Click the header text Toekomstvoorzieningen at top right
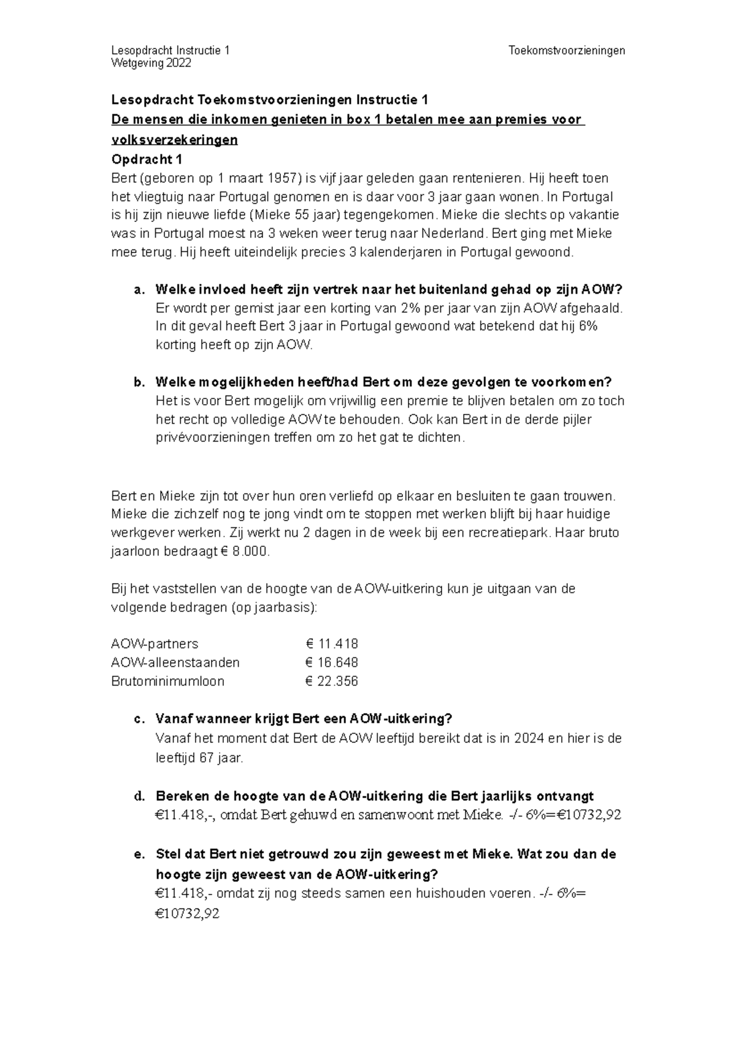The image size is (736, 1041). coord(567,50)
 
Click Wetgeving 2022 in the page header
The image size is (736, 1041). coord(151,63)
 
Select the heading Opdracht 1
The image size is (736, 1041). coord(147,159)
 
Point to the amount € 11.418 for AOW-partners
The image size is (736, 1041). coord(332,644)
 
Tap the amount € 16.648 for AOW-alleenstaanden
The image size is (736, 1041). coord(332,662)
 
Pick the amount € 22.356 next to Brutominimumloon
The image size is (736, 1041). coord(332,681)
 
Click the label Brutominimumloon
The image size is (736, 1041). coord(167,681)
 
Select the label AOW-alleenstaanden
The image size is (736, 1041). coord(175,662)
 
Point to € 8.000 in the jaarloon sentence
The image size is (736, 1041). coord(243,551)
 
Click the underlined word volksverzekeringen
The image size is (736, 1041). coord(174,140)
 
